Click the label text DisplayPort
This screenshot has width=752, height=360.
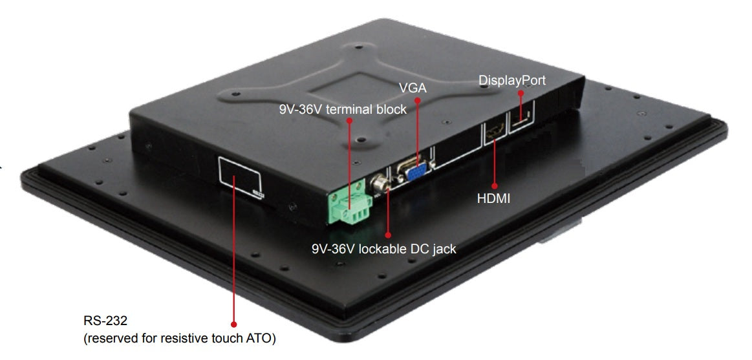tap(511, 81)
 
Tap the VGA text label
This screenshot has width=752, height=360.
tap(413, 87)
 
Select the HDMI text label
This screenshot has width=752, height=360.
tap(493, 198)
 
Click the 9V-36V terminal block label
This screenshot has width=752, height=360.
tap(343, 109)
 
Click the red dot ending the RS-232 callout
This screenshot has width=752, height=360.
tap(233, 324)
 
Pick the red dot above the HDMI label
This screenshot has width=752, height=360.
tap(494, 185)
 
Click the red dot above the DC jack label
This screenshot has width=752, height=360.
tap(388, 235)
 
